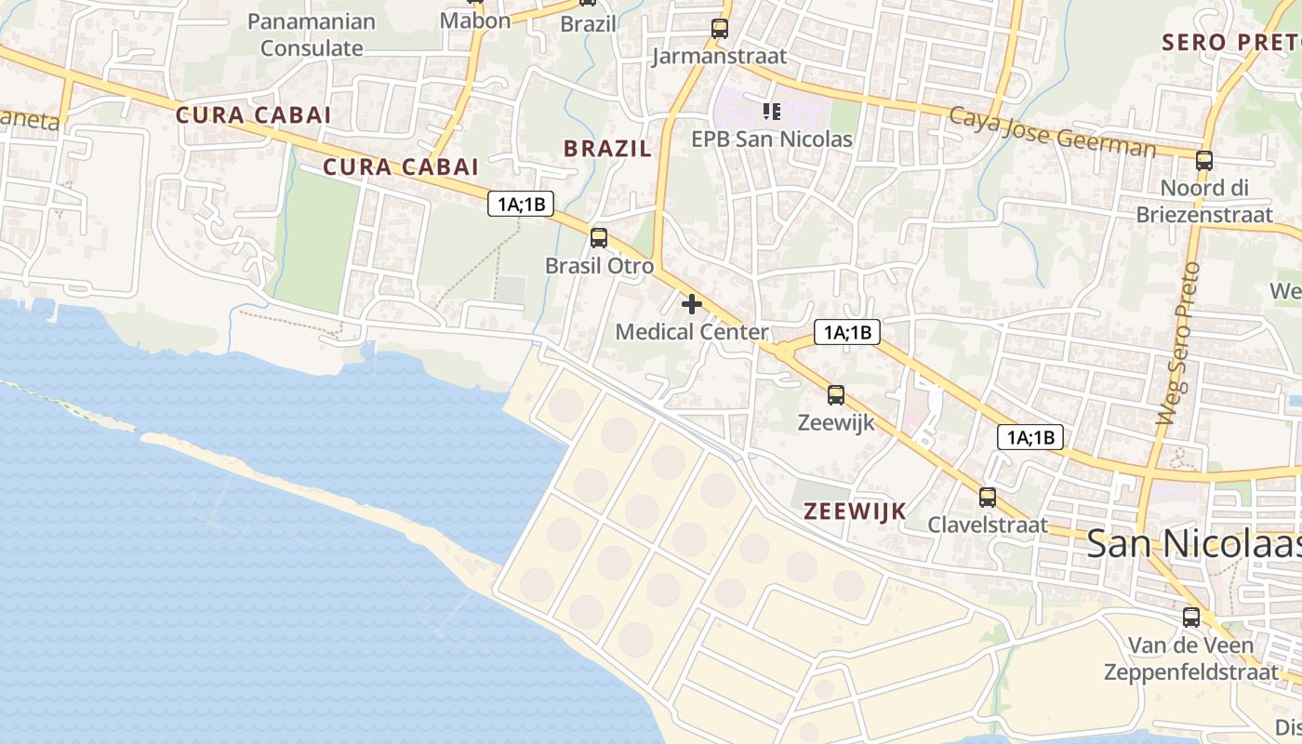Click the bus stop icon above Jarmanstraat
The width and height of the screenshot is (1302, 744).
tap(720, 29)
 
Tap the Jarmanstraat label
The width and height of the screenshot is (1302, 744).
tap(720, 56)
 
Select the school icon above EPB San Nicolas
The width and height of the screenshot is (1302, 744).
tap(771, 112)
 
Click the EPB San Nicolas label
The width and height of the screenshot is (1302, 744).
tap(772, 139)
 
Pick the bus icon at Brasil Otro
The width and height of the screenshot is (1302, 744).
tap(599, 238)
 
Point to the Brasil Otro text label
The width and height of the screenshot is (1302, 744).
tap(599, 265)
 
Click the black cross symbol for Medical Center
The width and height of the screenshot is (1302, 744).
tap(692, 304)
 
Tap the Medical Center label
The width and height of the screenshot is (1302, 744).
tap(692, 332)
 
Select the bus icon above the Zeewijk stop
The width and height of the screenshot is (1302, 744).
tap(836, 395)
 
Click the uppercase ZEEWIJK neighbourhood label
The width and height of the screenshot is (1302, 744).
tap(855, 511)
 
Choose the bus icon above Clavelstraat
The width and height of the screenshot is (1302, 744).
tap(988, 498)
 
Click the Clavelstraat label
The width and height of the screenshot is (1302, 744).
tap(988, 525)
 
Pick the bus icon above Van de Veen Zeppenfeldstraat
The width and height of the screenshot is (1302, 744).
tap(1191, 617)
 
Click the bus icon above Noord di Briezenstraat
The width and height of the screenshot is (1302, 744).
tap(1204, 160)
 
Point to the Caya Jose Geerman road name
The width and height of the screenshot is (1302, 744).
tap(1052, 132)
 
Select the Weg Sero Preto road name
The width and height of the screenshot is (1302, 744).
tap(1178, 344)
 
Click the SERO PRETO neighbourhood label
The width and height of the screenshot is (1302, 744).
tap(1230, 42)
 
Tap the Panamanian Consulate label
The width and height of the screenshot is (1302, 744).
tap(312, 34)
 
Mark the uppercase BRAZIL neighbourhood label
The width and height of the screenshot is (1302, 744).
tap(607, 148)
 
